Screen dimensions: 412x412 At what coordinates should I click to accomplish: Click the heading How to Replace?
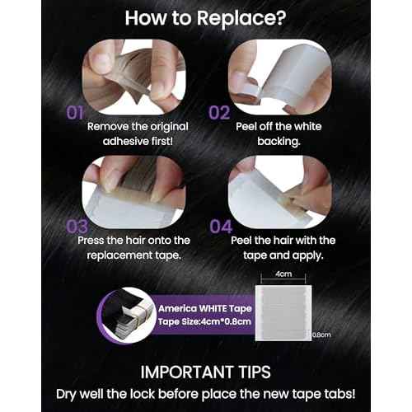pyautogui.click(x=205, y=18)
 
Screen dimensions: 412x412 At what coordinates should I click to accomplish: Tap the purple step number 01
pyautogui.click(x=75, y=113)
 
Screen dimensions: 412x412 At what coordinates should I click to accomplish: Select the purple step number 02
pyautogui.click(x=219, y=113)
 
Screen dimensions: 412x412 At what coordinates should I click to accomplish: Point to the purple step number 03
pyautogui.click(x=77, y=227)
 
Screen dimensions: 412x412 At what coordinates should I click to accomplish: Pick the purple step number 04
pyautogui.click(x=221, y=227)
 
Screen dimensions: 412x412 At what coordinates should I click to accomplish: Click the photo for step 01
pyautogui.click(x=133, y=77)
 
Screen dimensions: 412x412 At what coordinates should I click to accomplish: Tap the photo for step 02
pyautogui.click(x=280, y=77)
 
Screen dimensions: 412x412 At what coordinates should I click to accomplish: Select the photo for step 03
pyautogui.click(x=133, y=192)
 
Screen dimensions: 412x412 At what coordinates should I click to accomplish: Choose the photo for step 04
pyautogui.click(x=280, y=192)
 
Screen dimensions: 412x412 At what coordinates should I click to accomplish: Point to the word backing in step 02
pyautogui.click(x=279, y=142)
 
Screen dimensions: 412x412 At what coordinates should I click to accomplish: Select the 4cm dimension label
pyautogui.click(x=283, y=274)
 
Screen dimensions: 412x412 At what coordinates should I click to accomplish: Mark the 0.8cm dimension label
pyautogui.click(x=321, y=335)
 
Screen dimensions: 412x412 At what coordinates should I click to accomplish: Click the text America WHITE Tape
pyautogui.click(x=205, y=308)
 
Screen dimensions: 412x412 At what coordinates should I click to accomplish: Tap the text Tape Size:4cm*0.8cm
pyautogui.click(x=204, y=321)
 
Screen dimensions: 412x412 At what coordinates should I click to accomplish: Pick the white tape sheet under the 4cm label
pyautogui.click(x=283, y=313)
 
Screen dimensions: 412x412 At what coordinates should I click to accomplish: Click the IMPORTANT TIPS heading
pyautogui.click(x=205, y=372)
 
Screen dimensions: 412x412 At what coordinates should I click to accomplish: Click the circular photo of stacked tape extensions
pyautogui.click(x=127, y=315)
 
